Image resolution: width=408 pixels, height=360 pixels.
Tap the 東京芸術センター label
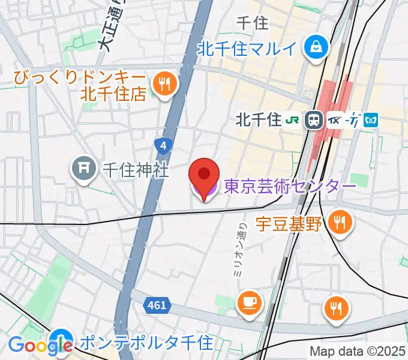tap(290, 187)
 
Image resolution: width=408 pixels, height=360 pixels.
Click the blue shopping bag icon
tap(314, 46)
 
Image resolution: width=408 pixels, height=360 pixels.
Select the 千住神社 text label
tap(135, 170)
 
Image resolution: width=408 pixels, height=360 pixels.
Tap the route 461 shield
tap(155, 305)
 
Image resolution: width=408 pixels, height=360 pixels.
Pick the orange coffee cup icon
tap(248, 302)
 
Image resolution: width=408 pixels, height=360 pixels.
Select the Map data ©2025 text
tap(358, 351)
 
